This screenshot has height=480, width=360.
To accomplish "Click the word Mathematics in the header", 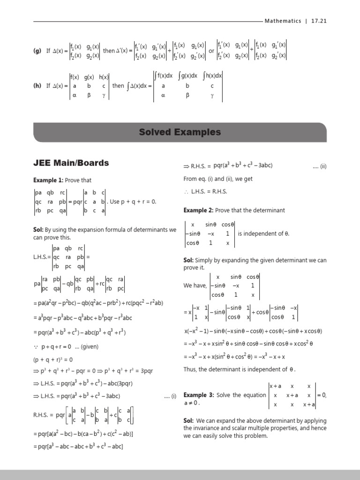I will [283, 21].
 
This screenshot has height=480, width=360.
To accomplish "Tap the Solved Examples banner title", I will [180, 133].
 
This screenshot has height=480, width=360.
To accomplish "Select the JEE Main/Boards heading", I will [71, 163].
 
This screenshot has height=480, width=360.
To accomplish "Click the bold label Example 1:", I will [48, 180].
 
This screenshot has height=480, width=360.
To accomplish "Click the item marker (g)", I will [37, 51].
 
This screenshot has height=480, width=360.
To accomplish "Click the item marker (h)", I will [37, 86].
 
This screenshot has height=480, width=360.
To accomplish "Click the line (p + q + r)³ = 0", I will [52, 360].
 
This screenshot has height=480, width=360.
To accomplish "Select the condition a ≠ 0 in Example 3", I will [192, 403].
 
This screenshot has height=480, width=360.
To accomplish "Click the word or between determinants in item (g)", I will [211, 51].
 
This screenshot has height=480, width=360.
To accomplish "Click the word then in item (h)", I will [118, 86].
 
